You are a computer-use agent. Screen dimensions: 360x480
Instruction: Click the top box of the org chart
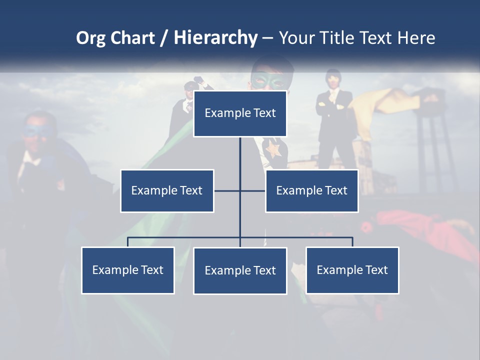240,113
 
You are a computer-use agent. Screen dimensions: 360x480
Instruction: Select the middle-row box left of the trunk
167,190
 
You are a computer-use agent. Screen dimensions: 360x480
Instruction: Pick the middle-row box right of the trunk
311,190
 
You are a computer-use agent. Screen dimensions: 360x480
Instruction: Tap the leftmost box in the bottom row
128,270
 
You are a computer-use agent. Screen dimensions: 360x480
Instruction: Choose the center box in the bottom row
240,270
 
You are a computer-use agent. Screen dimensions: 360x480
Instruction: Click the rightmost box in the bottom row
352,270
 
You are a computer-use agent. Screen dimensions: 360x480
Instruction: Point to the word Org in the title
90,38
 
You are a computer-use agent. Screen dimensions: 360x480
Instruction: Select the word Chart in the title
131,37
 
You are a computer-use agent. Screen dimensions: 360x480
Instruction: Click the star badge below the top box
273,148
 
